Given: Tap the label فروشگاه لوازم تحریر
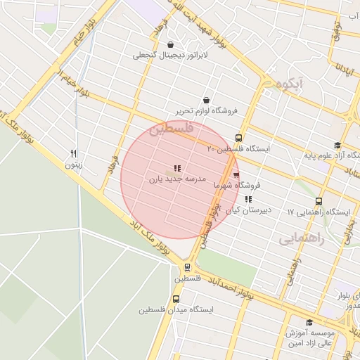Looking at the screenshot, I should [207, 111].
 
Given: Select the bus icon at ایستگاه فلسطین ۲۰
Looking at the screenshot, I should [238, 138].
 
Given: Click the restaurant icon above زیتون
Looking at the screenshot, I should [74, 153].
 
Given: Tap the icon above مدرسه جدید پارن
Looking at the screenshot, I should [177, 168].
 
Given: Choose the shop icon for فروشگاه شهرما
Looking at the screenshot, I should [236, 175].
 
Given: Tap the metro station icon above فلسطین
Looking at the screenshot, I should [187, 267].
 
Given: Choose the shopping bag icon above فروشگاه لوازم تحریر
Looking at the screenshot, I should [206, 100].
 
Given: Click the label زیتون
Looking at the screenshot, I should [74, 165].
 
